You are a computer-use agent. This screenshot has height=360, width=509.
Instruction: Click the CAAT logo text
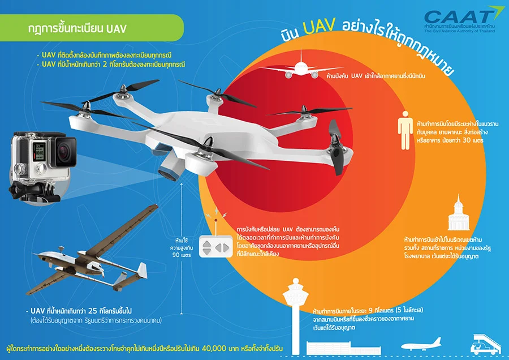pos(458,17)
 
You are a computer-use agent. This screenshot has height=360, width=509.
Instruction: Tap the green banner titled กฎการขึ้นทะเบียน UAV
pos(92,28)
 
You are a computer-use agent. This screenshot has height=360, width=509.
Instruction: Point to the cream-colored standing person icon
pos(405,130)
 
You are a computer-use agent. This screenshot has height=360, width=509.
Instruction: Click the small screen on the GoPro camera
pos(39,152)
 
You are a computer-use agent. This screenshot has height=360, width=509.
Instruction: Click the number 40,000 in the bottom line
pos(214,348)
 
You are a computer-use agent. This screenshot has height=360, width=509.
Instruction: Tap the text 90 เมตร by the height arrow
pos(182,255)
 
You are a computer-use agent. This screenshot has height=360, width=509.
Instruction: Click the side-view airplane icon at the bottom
pos(421,344)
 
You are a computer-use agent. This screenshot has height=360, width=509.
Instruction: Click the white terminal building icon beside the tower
pos(343,348)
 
